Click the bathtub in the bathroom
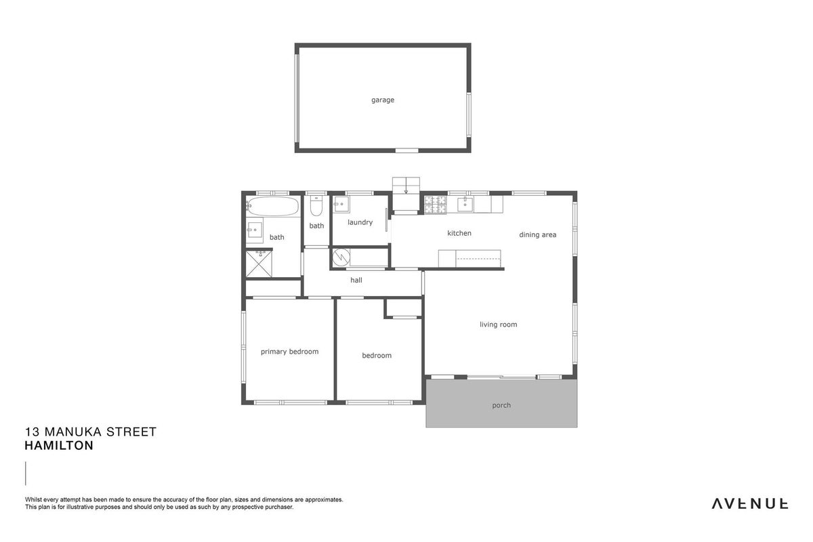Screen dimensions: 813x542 (273, 206)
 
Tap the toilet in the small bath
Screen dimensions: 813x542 (316, 206)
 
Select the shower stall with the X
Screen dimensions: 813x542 (259, 264)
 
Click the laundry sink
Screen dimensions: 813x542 (341, 205)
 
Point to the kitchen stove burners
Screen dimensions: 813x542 (435, 205)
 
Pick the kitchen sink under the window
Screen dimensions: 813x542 (465, 205)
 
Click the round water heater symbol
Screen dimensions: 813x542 (341, 257)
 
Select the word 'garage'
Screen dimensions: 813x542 (383, 100)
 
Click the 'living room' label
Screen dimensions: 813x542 (499, 325)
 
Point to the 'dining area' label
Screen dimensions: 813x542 (537, 234)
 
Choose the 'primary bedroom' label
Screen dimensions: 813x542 (290, 352)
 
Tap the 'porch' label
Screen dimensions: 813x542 (501, 405)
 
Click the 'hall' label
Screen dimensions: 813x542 (356, 280)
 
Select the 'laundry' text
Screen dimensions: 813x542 (360, 222)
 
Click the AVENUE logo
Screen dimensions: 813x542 (749, 504)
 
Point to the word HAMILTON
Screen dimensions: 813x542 (59, 445)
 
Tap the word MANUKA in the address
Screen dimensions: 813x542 (72, 432)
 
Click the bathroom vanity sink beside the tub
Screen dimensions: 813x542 (255, 230)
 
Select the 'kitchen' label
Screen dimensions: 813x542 (459, 233)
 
